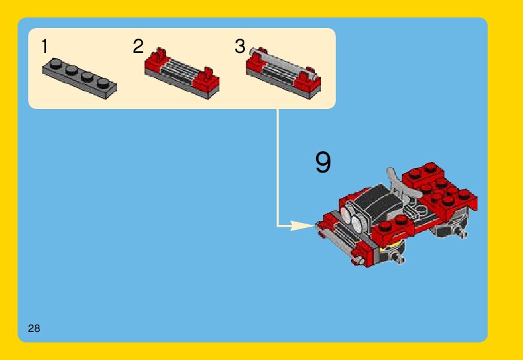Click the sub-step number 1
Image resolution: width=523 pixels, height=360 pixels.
point(45,46)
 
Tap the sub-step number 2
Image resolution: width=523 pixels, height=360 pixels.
point(138,46)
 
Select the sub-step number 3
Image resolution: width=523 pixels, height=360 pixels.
point(240,46)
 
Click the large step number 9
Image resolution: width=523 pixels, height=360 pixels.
point(323,162)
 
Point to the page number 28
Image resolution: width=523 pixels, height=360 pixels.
point(34,328)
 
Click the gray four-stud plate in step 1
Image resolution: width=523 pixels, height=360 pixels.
point(80,78)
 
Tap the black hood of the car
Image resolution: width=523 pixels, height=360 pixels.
point(380,200)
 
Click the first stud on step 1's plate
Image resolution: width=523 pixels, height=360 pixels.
point(55,64)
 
